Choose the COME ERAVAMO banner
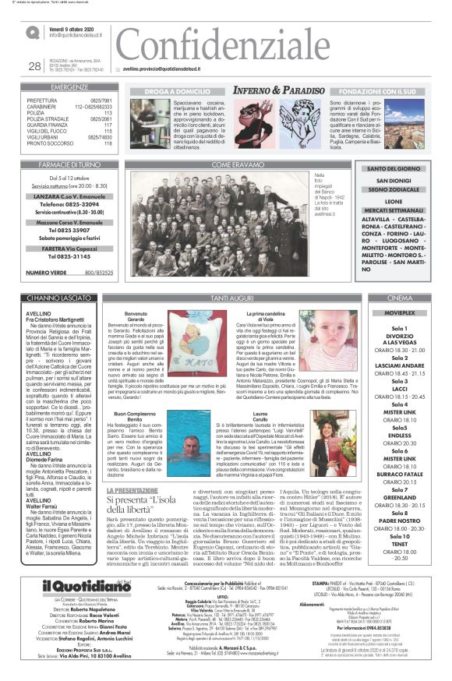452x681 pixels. point(234,165)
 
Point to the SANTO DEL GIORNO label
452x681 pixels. point(393,168)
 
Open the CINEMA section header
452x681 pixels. point(398,298)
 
